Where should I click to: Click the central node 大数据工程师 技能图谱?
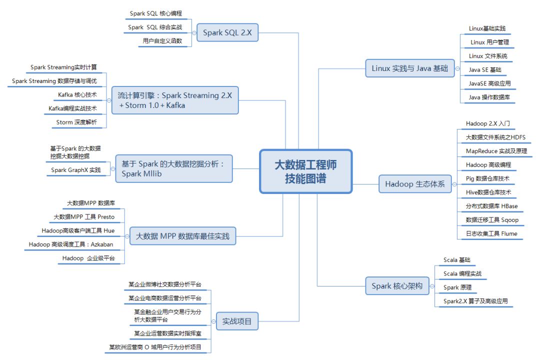click(x=305, y=171)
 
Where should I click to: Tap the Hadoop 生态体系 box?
click(x=414, y=184)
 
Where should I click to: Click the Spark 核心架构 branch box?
click(x=396, y=286)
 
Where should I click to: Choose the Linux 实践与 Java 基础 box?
click(x=409, y=68)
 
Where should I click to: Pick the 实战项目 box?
click(x=237, y=321)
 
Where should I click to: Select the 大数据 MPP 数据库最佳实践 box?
click(x=182, y=236)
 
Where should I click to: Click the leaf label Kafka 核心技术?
click(x=77, y=94)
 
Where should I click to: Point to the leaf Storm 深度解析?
click(x=77, y=122)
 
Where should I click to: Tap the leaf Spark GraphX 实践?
click(x=75, y=170)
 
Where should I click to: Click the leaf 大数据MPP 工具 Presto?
click(x=84, y=217)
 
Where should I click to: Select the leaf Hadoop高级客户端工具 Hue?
click(x=78, y=230)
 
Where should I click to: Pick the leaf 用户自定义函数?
click(x=162, y=41)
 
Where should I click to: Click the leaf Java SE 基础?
click(x=485, y=70)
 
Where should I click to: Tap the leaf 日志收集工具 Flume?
click(x=491, y=233)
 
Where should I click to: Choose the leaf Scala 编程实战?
click(x=462, y=273)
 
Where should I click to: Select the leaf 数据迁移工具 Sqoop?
click(x=492, y=219)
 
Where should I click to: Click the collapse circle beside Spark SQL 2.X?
click(x=194, y=33)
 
